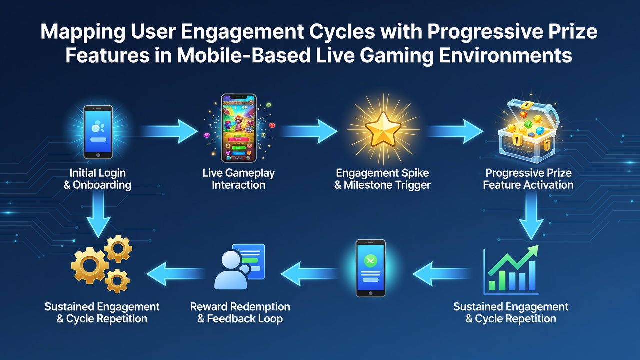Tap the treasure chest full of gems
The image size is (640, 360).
528,131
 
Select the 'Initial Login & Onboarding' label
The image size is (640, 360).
97,179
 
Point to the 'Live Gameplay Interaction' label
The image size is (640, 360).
239,179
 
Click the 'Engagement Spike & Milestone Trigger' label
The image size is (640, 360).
382,179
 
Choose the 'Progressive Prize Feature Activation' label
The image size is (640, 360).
528,179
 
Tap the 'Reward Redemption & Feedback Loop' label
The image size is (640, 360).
240,313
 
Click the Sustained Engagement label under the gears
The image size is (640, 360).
102,313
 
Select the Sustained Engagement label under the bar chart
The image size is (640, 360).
511,313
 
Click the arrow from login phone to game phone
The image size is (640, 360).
169,131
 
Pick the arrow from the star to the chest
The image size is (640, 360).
455,131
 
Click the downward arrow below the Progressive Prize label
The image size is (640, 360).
531,215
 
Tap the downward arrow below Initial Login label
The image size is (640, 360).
98,214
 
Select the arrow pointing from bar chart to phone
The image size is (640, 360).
441,274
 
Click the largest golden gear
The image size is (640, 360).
90,265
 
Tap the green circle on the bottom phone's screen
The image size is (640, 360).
370,261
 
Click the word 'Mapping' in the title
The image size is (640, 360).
83,32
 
